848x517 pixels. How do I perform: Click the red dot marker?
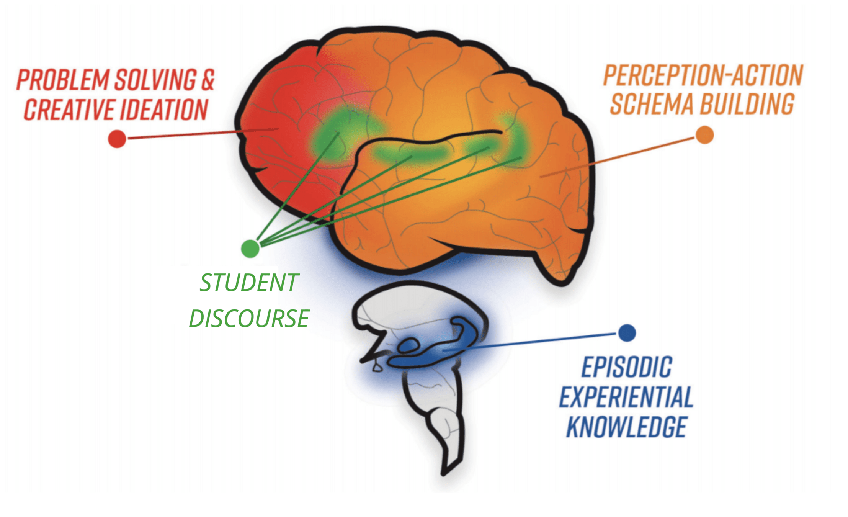click(117, 139)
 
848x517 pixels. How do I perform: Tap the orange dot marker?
click(704, 135)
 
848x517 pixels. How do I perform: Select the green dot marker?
click(250, 248)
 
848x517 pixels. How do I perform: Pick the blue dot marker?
click(627, 333)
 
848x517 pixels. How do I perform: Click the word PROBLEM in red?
click(63, 80)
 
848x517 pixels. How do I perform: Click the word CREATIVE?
click(69, 110)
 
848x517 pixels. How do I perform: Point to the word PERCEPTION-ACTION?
click(703, 75)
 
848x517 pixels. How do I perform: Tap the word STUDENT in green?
click(249, 283)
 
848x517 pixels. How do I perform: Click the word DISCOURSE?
click(249, 318)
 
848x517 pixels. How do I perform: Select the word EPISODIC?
click(626, 367)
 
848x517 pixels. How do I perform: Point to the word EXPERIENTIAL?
click(626, 397)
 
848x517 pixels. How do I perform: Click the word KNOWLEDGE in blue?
click(626, 427)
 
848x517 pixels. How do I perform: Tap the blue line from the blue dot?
click(536, 342)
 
